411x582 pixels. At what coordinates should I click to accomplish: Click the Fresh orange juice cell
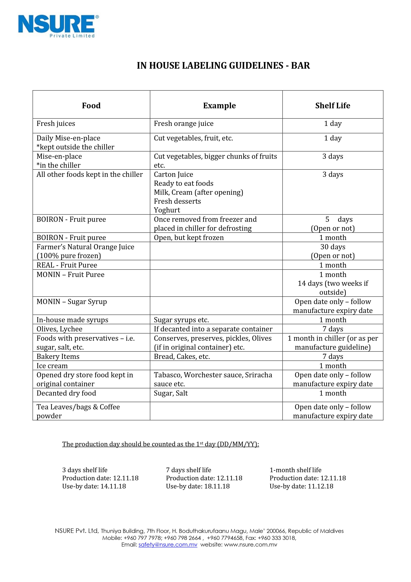click(x=184, y=124)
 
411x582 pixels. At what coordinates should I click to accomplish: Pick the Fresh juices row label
click(x=56, y=124)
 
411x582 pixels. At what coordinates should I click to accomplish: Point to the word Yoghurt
click(x=167, y=210)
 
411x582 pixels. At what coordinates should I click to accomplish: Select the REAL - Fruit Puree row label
click(x=67, y=265)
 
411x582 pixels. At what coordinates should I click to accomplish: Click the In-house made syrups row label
click(x=72, y=320)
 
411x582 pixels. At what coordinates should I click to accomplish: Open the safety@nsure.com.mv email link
click(x=168, y=545)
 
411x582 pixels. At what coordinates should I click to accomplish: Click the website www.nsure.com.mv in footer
click(x=250, y=545)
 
